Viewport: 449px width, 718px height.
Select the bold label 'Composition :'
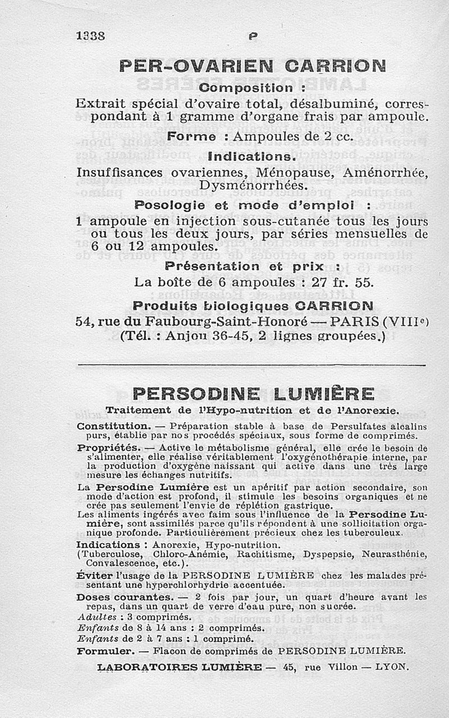point(252,88)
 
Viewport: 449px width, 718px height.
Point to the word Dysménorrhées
point(252,185)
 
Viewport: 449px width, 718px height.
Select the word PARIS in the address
point(355,322)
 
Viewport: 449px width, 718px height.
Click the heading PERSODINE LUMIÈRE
point(253,393)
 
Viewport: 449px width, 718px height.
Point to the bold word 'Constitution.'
point(113,426)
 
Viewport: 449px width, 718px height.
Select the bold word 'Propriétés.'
point(108,448)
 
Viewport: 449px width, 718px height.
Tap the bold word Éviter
point(94,576)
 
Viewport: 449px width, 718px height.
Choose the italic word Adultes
point(94,616)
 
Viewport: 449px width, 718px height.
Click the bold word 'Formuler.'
point(105,651)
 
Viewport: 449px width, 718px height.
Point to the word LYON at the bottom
point(392,668)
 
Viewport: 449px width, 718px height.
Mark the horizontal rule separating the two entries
point(251,365)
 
